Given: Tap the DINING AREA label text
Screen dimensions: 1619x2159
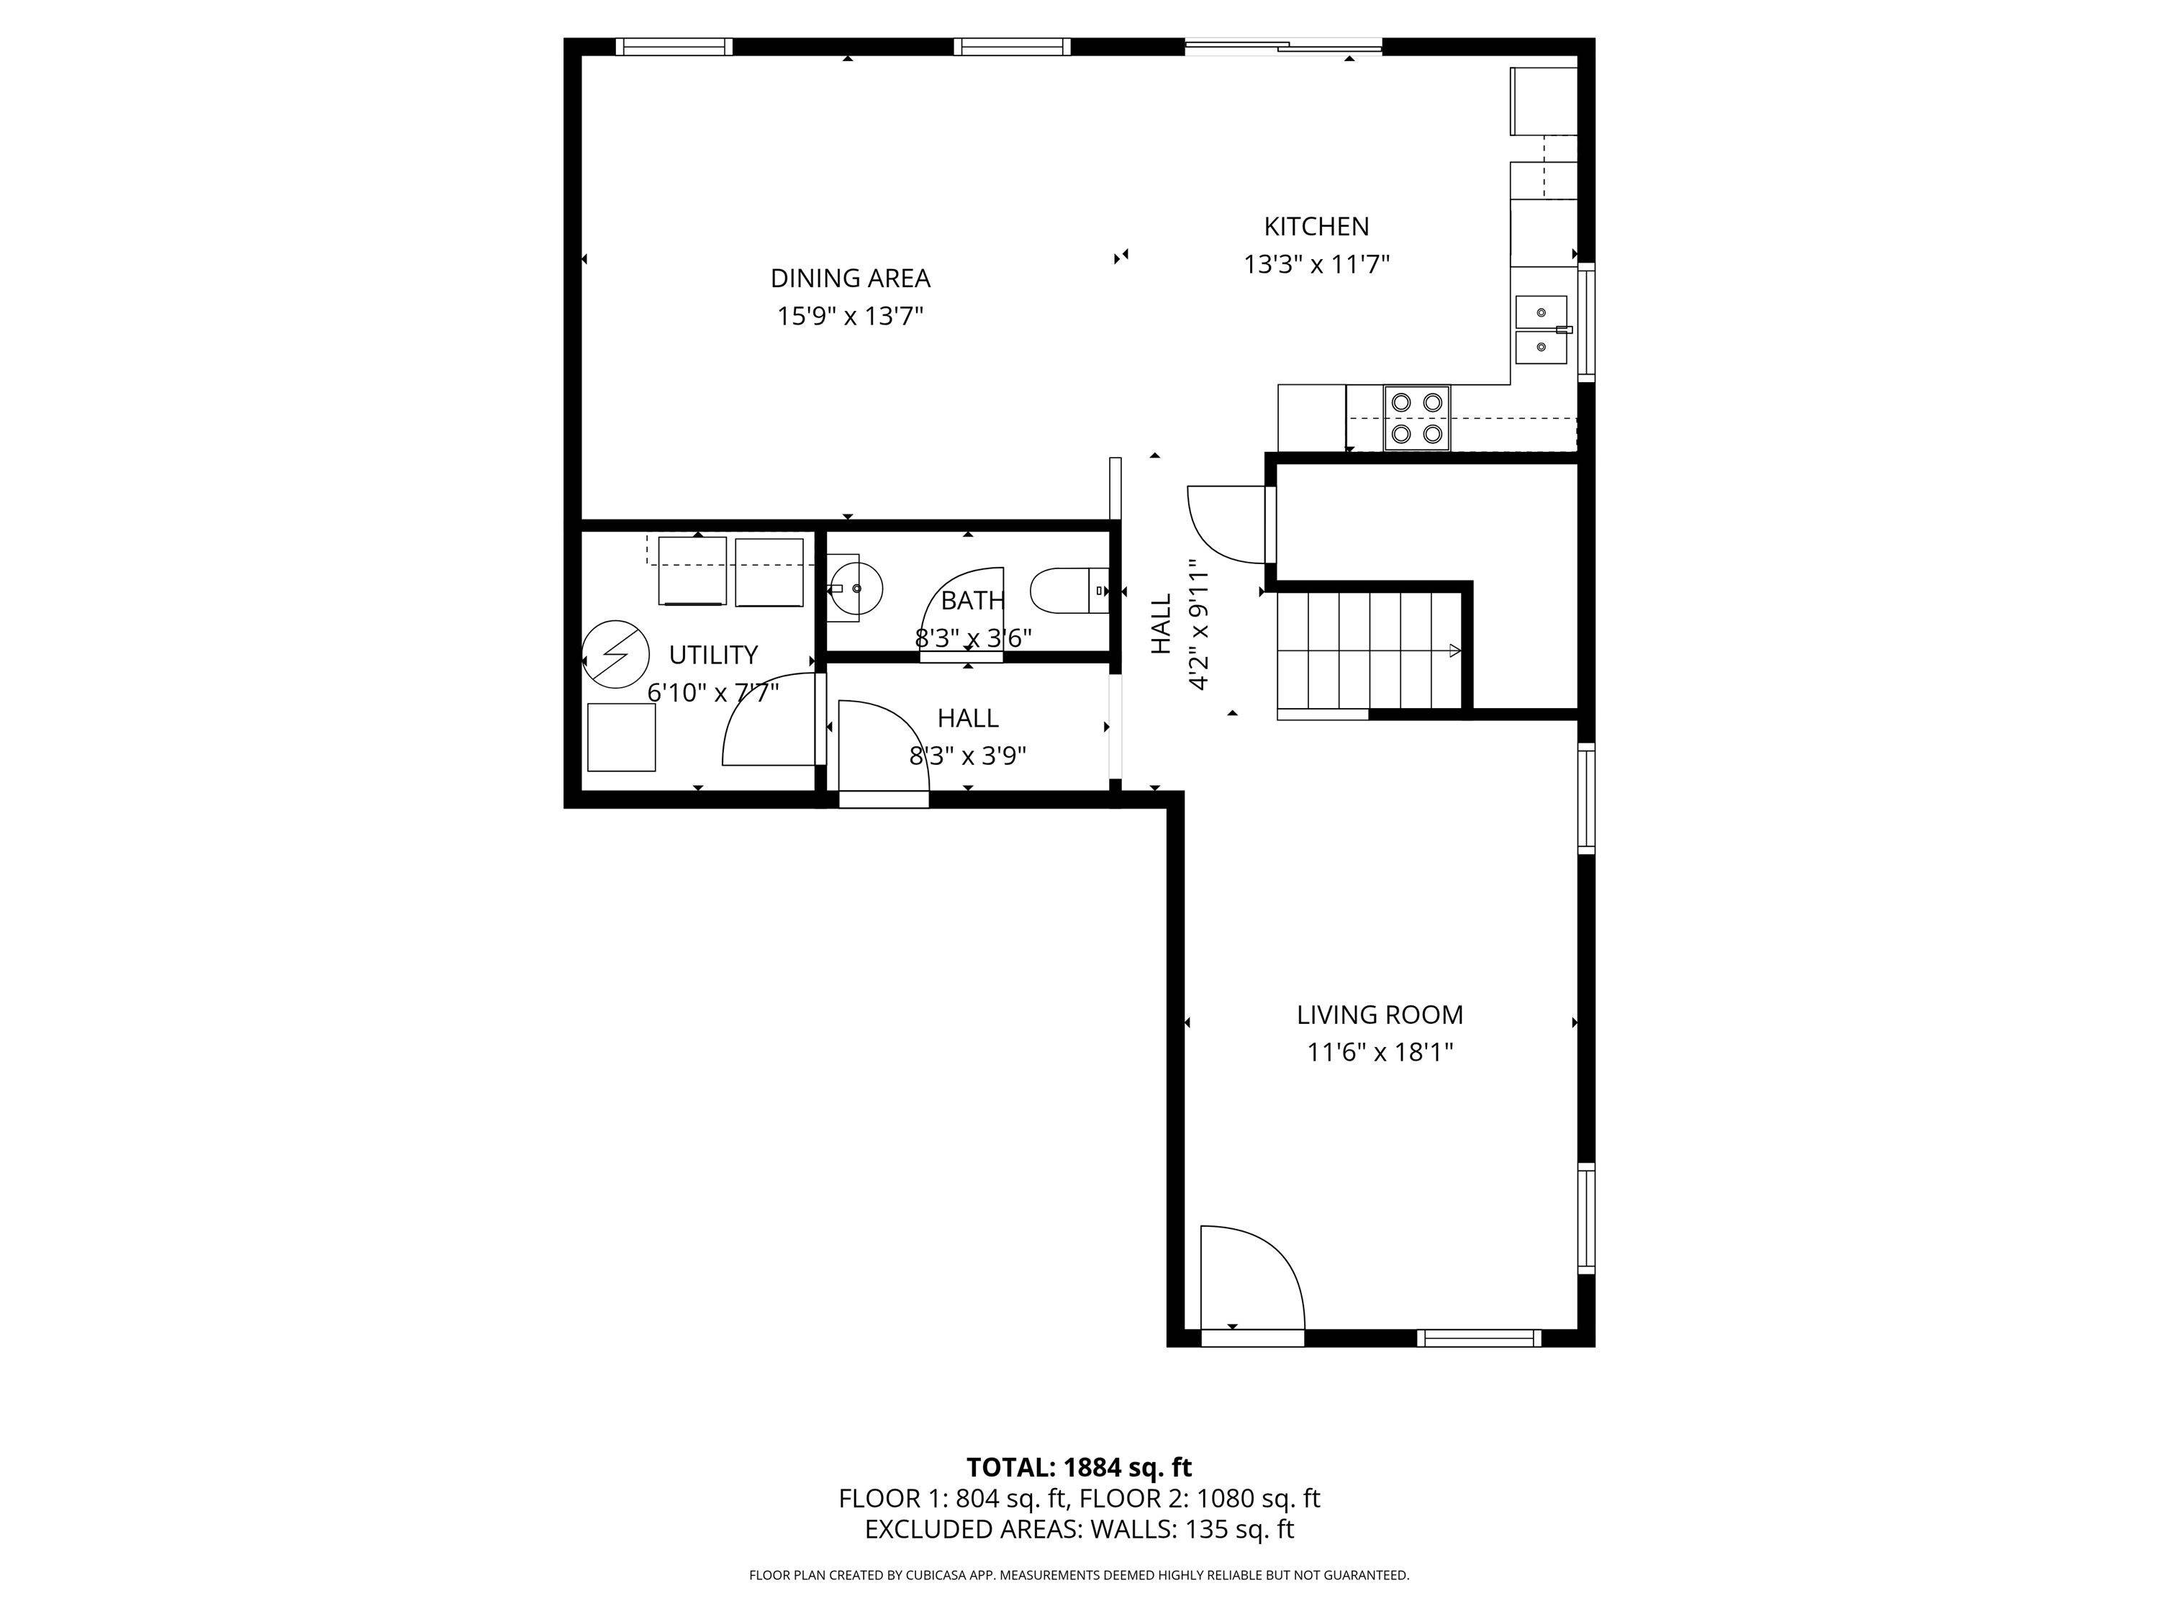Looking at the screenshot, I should [850, 278].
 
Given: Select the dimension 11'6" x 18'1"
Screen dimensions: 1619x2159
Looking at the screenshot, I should [1379, 1053].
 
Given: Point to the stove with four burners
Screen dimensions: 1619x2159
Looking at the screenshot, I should [1416, 417].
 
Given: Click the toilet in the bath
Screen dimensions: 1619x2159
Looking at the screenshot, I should [1071, 591].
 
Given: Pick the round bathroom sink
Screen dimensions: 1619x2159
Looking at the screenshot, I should [856, 589].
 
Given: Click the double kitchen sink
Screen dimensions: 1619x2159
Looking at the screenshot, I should [1542, 330].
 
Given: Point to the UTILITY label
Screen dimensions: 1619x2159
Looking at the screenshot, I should [712, 655].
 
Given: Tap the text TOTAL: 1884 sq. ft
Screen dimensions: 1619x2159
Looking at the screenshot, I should [1079, 1468].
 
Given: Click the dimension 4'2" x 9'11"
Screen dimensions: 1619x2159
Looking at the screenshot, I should [1198, 625].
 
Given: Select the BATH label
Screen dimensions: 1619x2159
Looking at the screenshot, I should [972, 600].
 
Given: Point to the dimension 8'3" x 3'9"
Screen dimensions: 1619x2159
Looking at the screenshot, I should [967, 756].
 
